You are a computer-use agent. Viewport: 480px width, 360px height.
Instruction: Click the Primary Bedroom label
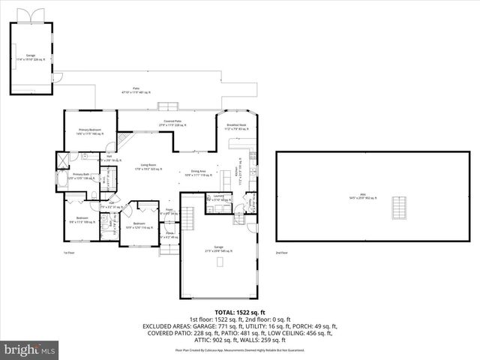click(x=90, y=131)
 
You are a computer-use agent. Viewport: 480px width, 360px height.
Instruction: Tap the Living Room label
click(x=148, y=166)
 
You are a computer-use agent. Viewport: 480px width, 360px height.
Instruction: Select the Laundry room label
click(x=217, y=199)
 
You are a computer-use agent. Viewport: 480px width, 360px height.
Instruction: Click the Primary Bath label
click(x=80, y=176)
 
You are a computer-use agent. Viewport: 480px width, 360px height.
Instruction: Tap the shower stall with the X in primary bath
click(x=62, y=159)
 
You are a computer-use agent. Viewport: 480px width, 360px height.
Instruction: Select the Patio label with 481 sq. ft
click(x=136, y=91)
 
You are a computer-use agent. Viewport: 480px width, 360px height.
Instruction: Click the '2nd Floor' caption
click(x=281, y=253)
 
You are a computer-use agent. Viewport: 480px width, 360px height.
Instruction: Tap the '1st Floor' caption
click(x=68, y=253)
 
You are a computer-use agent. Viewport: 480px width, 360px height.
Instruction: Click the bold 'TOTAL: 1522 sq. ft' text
click(x=240, y=312)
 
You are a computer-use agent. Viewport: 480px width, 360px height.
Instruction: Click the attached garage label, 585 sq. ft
click(x=218, y=249)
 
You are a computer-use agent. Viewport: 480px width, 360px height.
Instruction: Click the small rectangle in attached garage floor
click(x=220, y=262)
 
